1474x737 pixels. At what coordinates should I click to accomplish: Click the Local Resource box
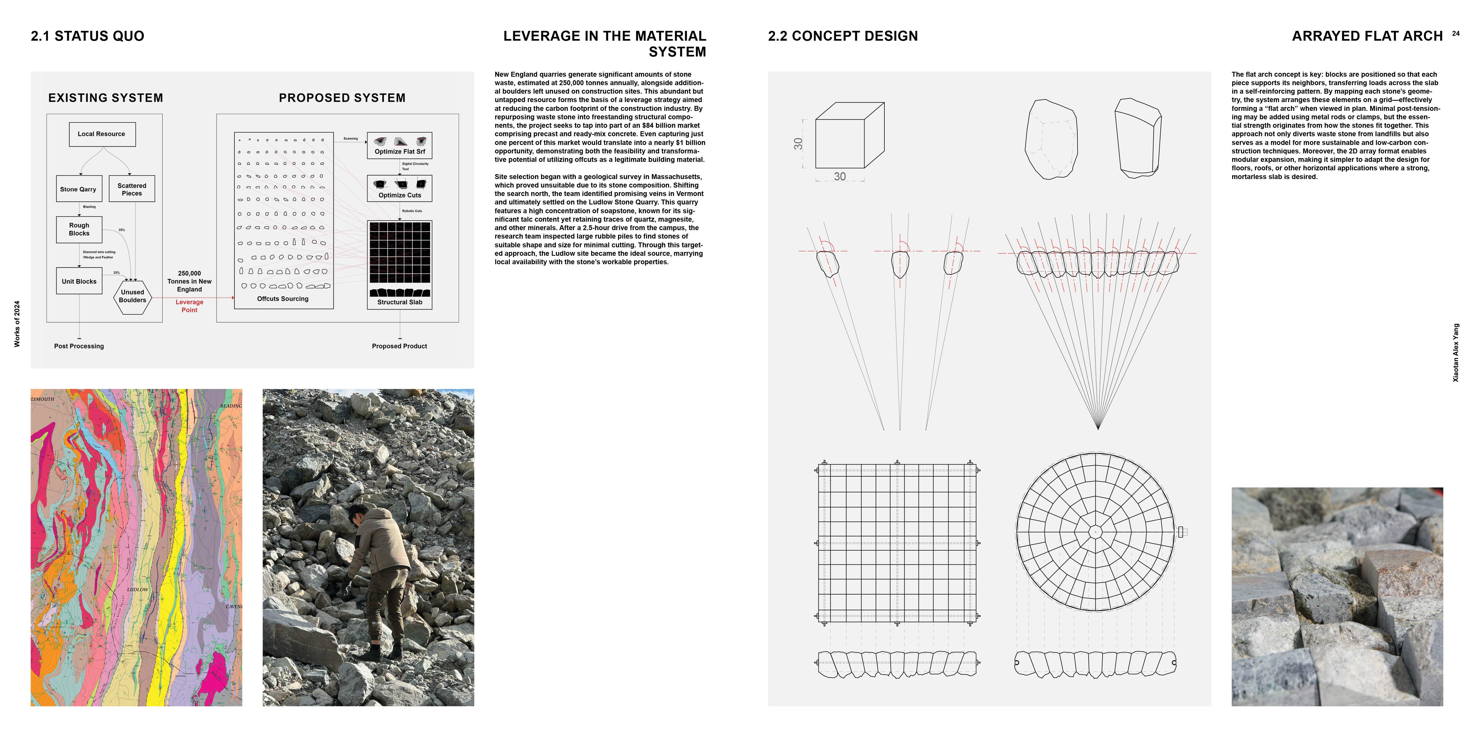tap(102, 134)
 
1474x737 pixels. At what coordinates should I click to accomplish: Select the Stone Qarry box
tap(79, 189)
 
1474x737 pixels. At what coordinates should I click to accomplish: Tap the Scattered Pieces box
tap(132, 189)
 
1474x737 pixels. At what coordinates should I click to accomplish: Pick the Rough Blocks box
tap(79, 230)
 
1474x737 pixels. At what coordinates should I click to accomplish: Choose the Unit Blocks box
tap(79, 281)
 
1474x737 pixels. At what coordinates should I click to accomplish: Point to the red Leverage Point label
tap(189, 306)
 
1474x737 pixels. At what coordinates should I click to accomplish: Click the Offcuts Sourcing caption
tap(283, 299)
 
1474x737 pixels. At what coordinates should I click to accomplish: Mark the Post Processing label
tap(79, 346)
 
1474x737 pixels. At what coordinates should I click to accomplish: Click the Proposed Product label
tap(399, 346)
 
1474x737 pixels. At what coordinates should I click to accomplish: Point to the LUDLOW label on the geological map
tap(137, 589)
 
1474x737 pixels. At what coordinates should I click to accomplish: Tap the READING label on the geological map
tap(231, 406)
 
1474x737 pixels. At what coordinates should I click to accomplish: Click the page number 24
tap(1456, 34)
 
